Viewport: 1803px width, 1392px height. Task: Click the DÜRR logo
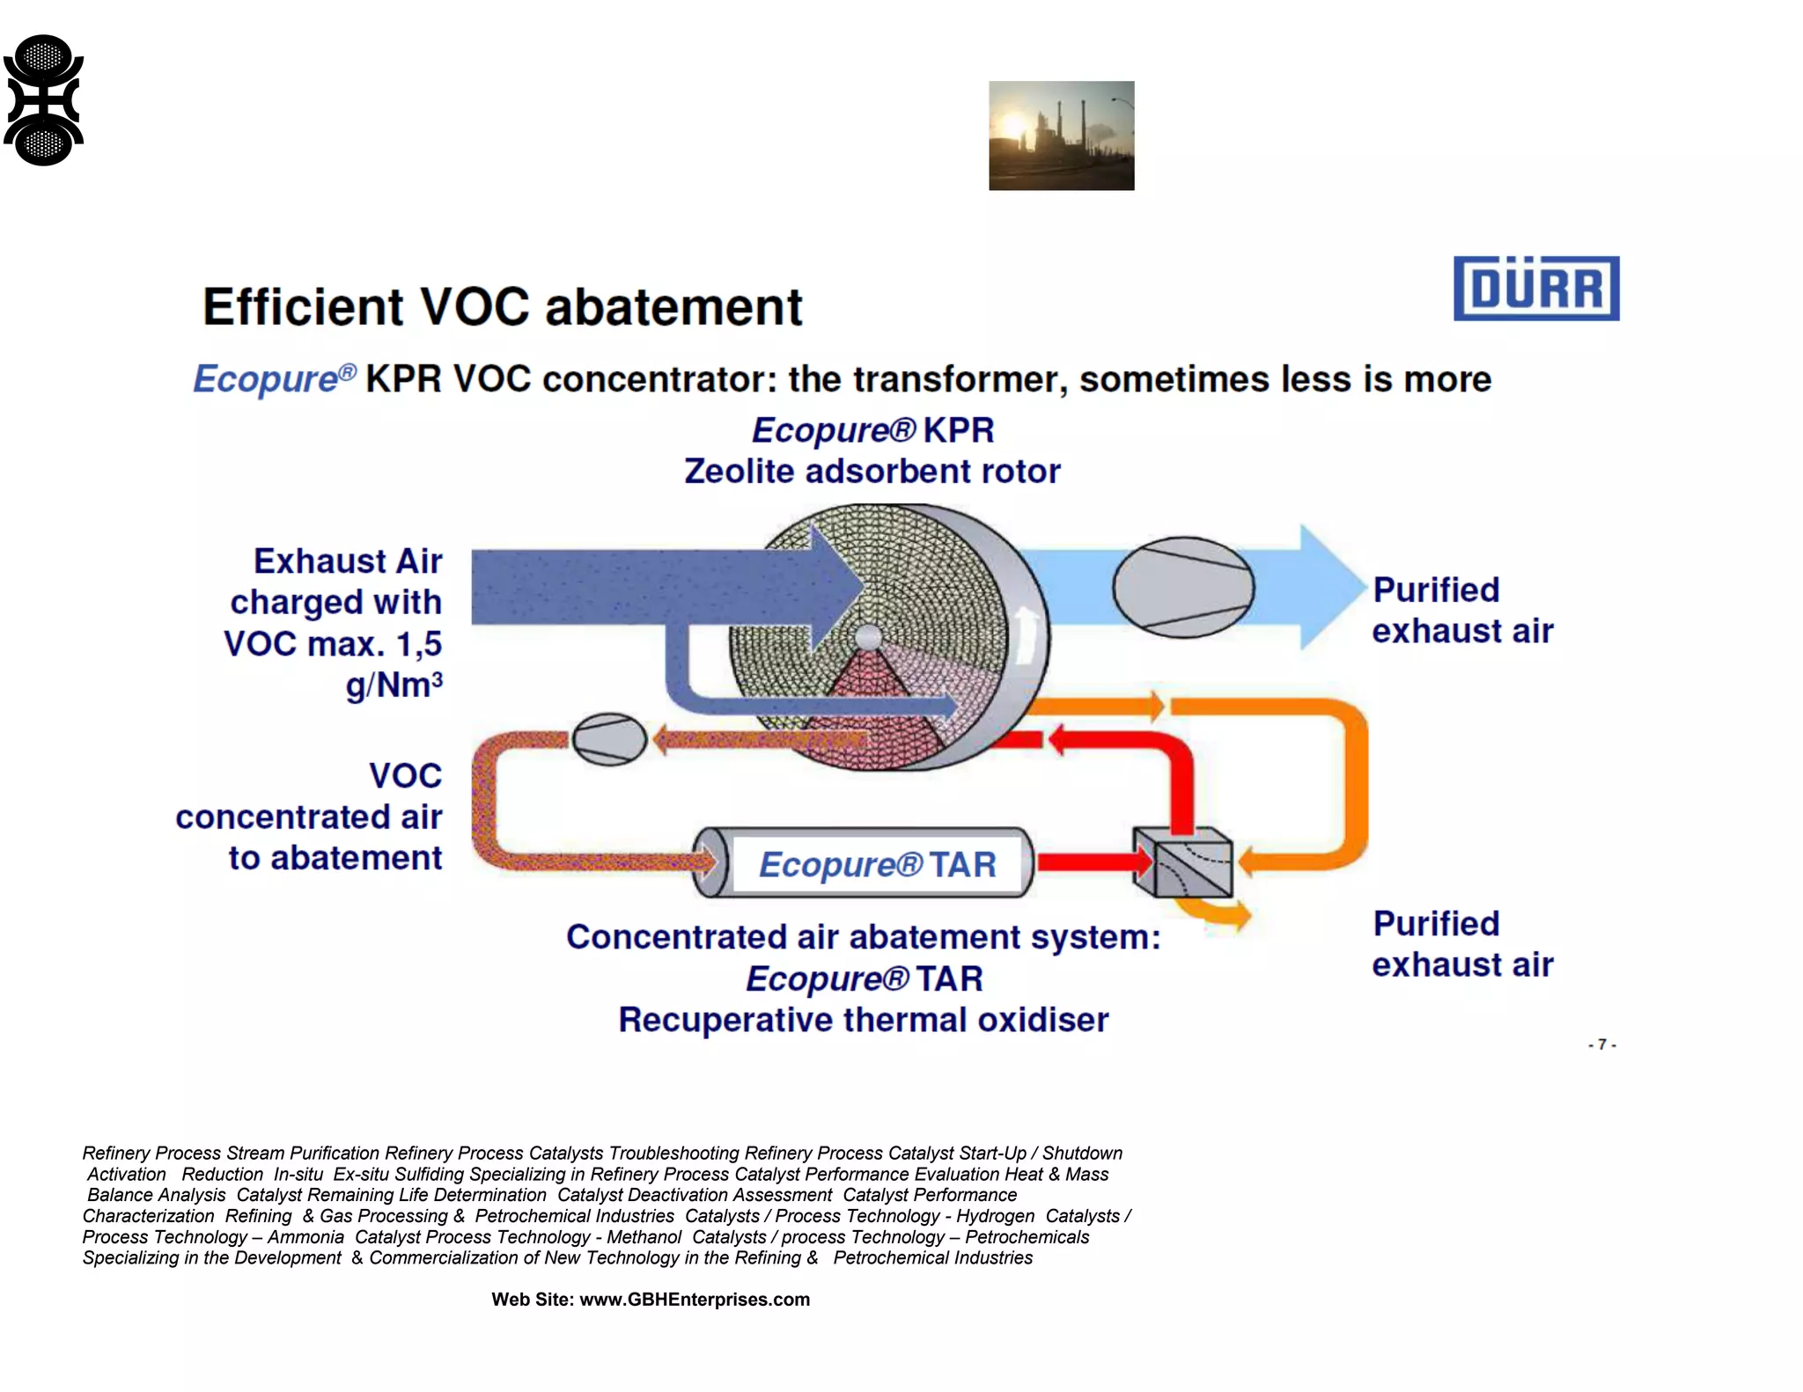coord(1535,288)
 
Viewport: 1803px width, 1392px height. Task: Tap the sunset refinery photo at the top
coord(1061,136)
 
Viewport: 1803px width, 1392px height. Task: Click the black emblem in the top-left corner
coord(43,100)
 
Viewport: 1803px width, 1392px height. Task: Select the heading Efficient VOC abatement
coord(502,307)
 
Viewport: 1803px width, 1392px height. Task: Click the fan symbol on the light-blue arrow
coord(1182,587)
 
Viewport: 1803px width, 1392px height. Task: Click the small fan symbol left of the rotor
coord(609,739)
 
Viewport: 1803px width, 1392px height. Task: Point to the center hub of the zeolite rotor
coord(868,637)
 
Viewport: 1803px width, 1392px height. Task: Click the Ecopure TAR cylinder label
coord(877,864)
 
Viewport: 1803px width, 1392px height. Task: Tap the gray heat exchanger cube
coord(1182,863)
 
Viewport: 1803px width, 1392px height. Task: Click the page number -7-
coord(1601,1044)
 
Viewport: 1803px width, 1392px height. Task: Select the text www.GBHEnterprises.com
coord(694,1300)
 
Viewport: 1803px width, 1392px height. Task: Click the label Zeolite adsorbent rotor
coord(872,472)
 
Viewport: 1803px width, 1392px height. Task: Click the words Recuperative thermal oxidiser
coord(863,1020)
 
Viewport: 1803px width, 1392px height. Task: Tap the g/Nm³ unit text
coord(394,685)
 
